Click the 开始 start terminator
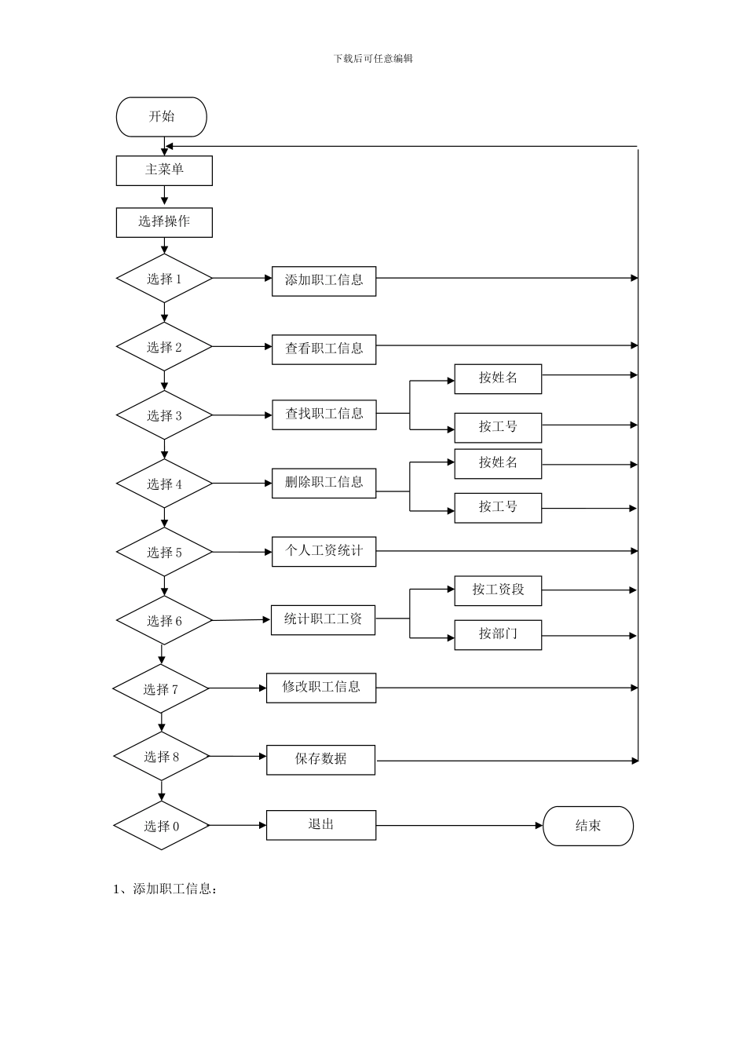click(161, 117)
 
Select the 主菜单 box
click(164, 170)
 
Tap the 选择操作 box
click(164, 222)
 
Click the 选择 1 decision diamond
click(164, 279)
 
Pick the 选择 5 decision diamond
click(164, 553)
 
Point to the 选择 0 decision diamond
click(162, 826)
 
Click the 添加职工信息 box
click(324, 281)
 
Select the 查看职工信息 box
click(324, 349)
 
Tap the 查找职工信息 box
click(324, 414)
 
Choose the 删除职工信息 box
click(324, 483)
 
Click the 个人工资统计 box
click(324, 552)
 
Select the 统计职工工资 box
click(323, 620)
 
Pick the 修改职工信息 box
click(321, 688)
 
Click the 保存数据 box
click(320, 760)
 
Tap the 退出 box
click(321, 825)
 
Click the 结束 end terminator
click(588, 826)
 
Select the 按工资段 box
click(498, 590)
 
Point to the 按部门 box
click(498, 635)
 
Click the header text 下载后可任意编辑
click(373, 59)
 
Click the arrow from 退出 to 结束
click(459, 826)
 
